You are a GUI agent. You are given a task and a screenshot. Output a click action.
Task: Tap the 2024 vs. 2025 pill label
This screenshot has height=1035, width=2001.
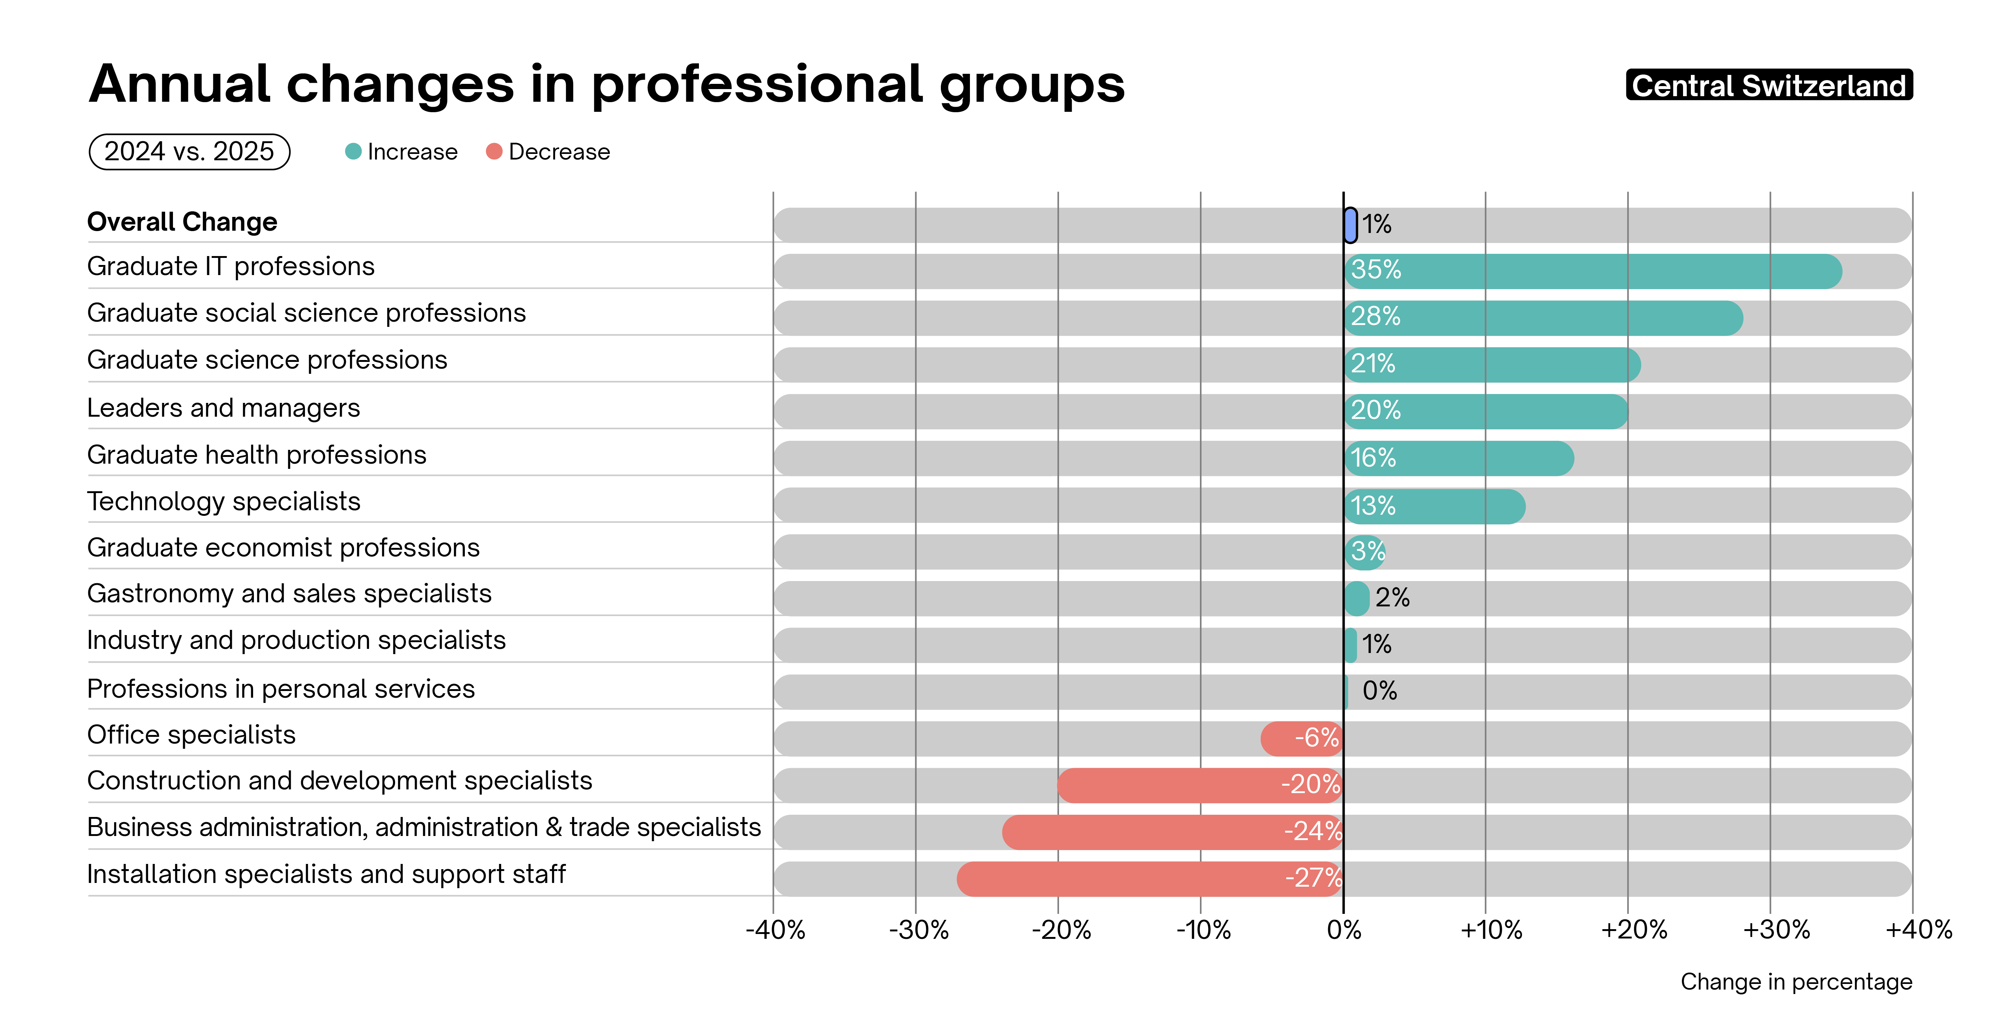[x=189, y=151]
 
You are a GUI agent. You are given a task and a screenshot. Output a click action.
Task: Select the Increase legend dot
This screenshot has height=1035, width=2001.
[x=353, y=151]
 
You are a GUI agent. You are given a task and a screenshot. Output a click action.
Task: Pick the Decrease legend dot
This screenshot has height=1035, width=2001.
[x=494, y=151]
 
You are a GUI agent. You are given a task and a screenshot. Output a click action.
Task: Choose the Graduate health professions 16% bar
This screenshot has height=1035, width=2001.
[x=1459, y=458]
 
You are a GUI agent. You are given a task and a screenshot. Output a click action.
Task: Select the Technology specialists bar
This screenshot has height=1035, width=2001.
[x=1434, y=506]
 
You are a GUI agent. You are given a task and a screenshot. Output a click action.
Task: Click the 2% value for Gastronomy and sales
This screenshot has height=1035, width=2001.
[x=1392, y=598]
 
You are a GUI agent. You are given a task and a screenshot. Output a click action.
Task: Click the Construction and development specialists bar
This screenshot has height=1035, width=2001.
[x=1200, y=785]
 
